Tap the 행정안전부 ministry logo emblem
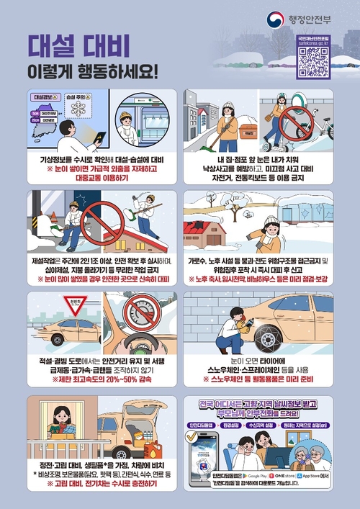(x=276, y=19)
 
